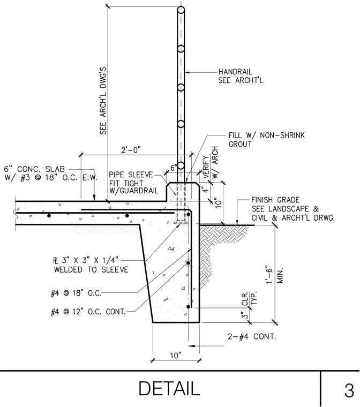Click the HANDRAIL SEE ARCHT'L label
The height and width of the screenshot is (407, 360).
tap(241, 76)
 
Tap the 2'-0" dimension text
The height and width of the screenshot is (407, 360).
tap(131, 150)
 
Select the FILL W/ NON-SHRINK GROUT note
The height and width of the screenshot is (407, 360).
tap(266, 140)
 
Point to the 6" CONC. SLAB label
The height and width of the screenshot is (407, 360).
tap(34, 169)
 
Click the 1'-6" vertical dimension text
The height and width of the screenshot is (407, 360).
tap(269, 274)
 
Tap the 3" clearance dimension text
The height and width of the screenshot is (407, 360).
tap(245, 315)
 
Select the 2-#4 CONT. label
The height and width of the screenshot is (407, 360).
tap(252, 337)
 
